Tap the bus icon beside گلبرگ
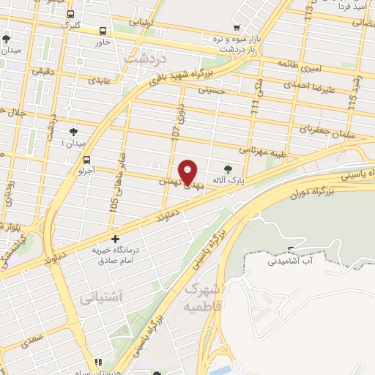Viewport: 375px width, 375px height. (70, 14)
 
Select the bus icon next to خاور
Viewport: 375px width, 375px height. (103, 31)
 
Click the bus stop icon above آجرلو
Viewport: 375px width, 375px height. (87, 160)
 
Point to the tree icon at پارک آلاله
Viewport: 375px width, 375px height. (227, 168)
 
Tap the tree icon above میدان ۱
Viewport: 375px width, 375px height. (73, 131)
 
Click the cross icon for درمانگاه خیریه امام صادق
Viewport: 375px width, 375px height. (115, 239)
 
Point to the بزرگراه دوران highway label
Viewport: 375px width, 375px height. (315, 195)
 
